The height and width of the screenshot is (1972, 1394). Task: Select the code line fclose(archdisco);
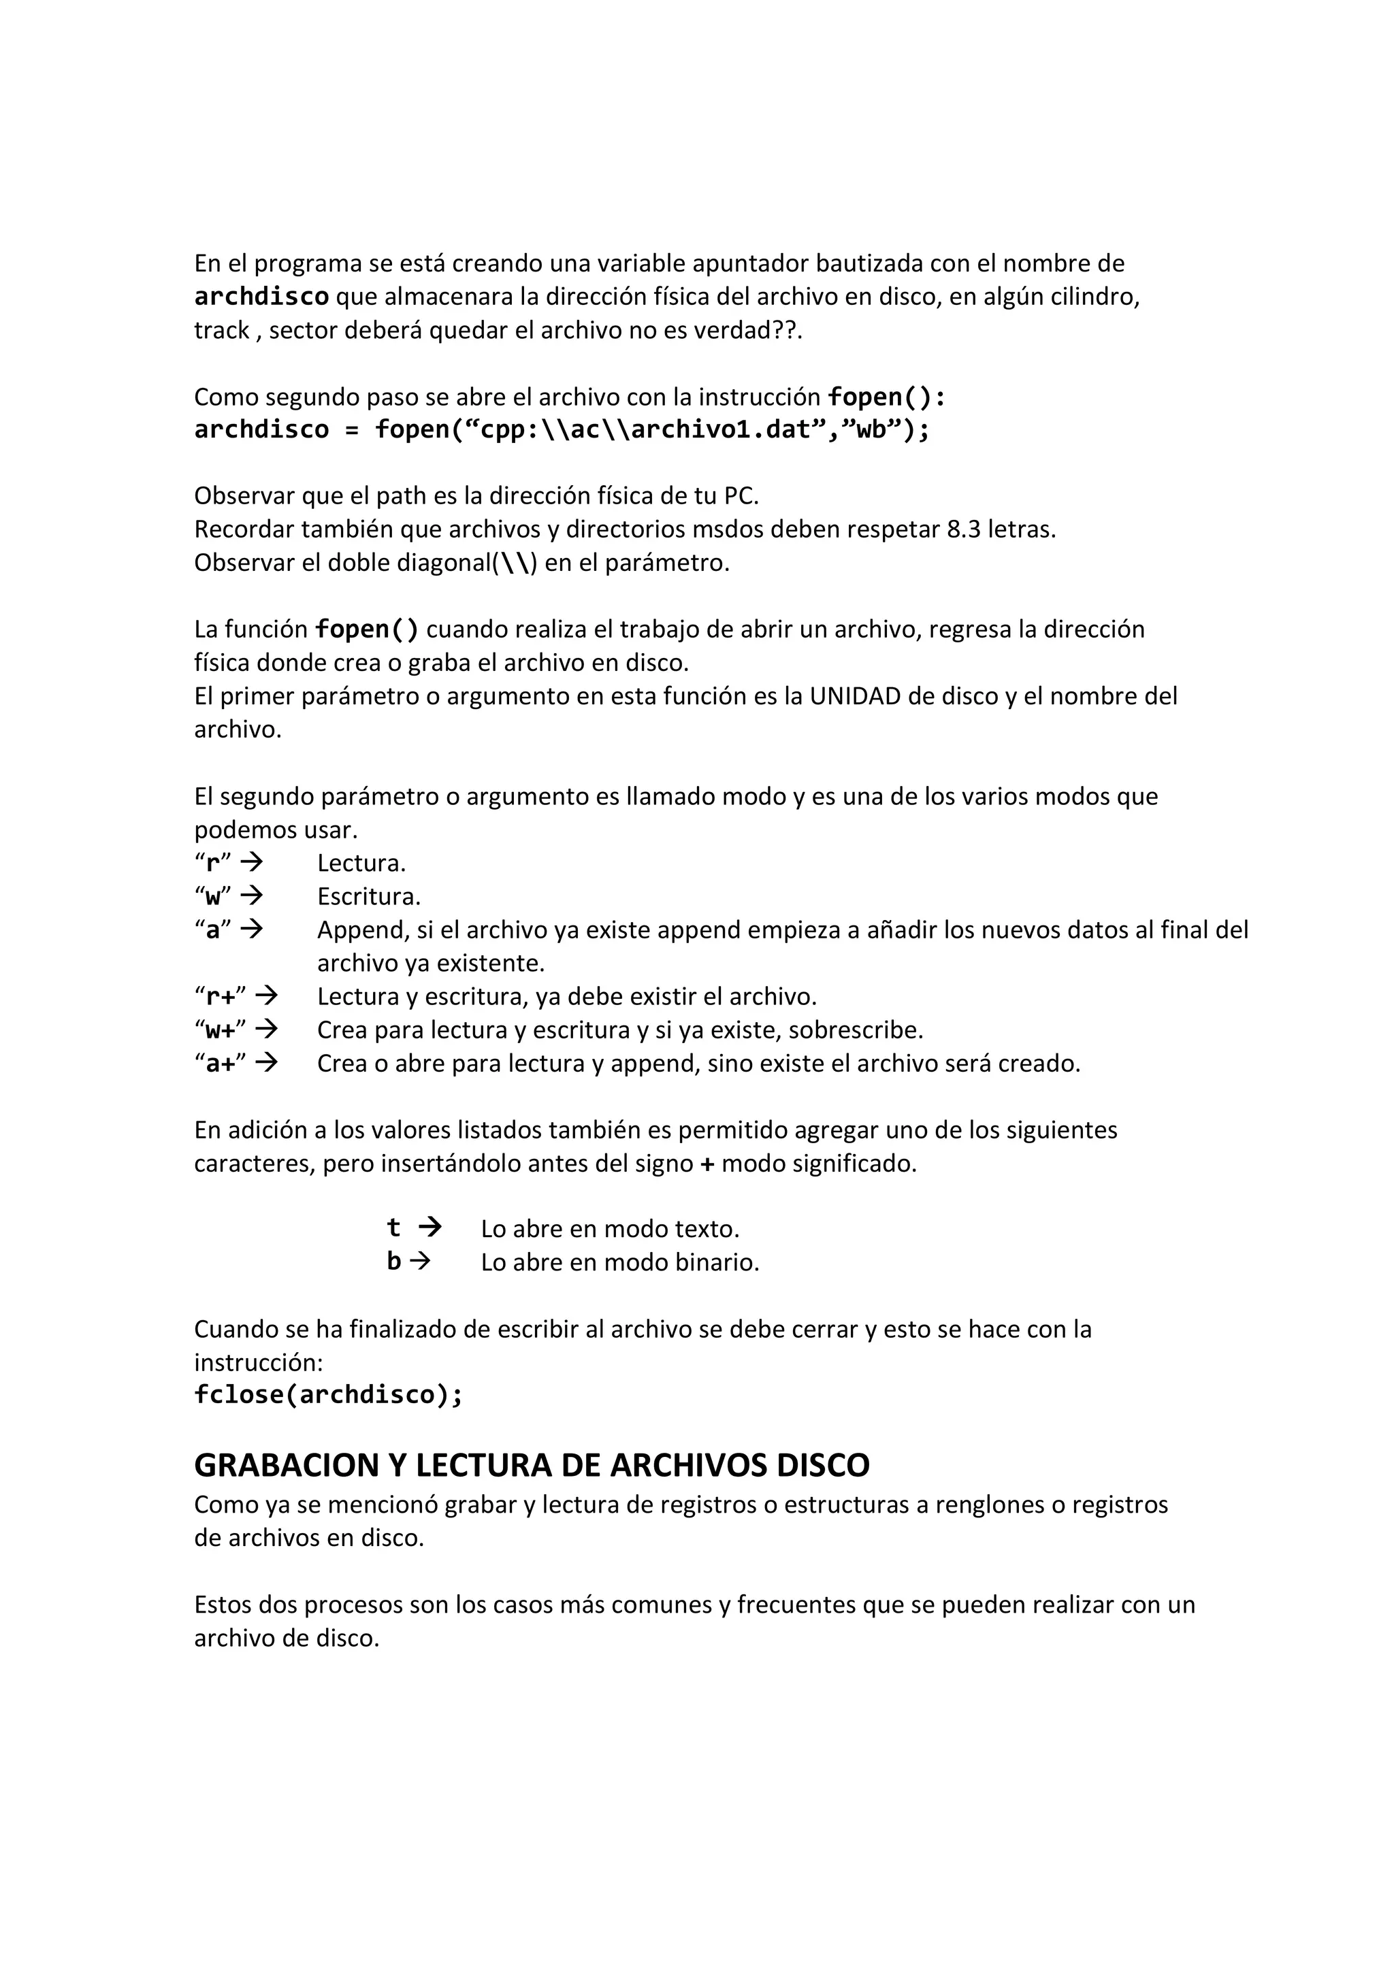click(328, 1395)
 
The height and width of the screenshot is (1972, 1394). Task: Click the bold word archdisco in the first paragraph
click(261, 297)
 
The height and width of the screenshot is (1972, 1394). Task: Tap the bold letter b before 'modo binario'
click(393, 1262)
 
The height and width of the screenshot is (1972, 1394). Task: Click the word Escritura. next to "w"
click(368, 897)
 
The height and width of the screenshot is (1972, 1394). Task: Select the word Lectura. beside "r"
click(361, 864)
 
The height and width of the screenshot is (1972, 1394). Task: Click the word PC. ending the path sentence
click(741, 497)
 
